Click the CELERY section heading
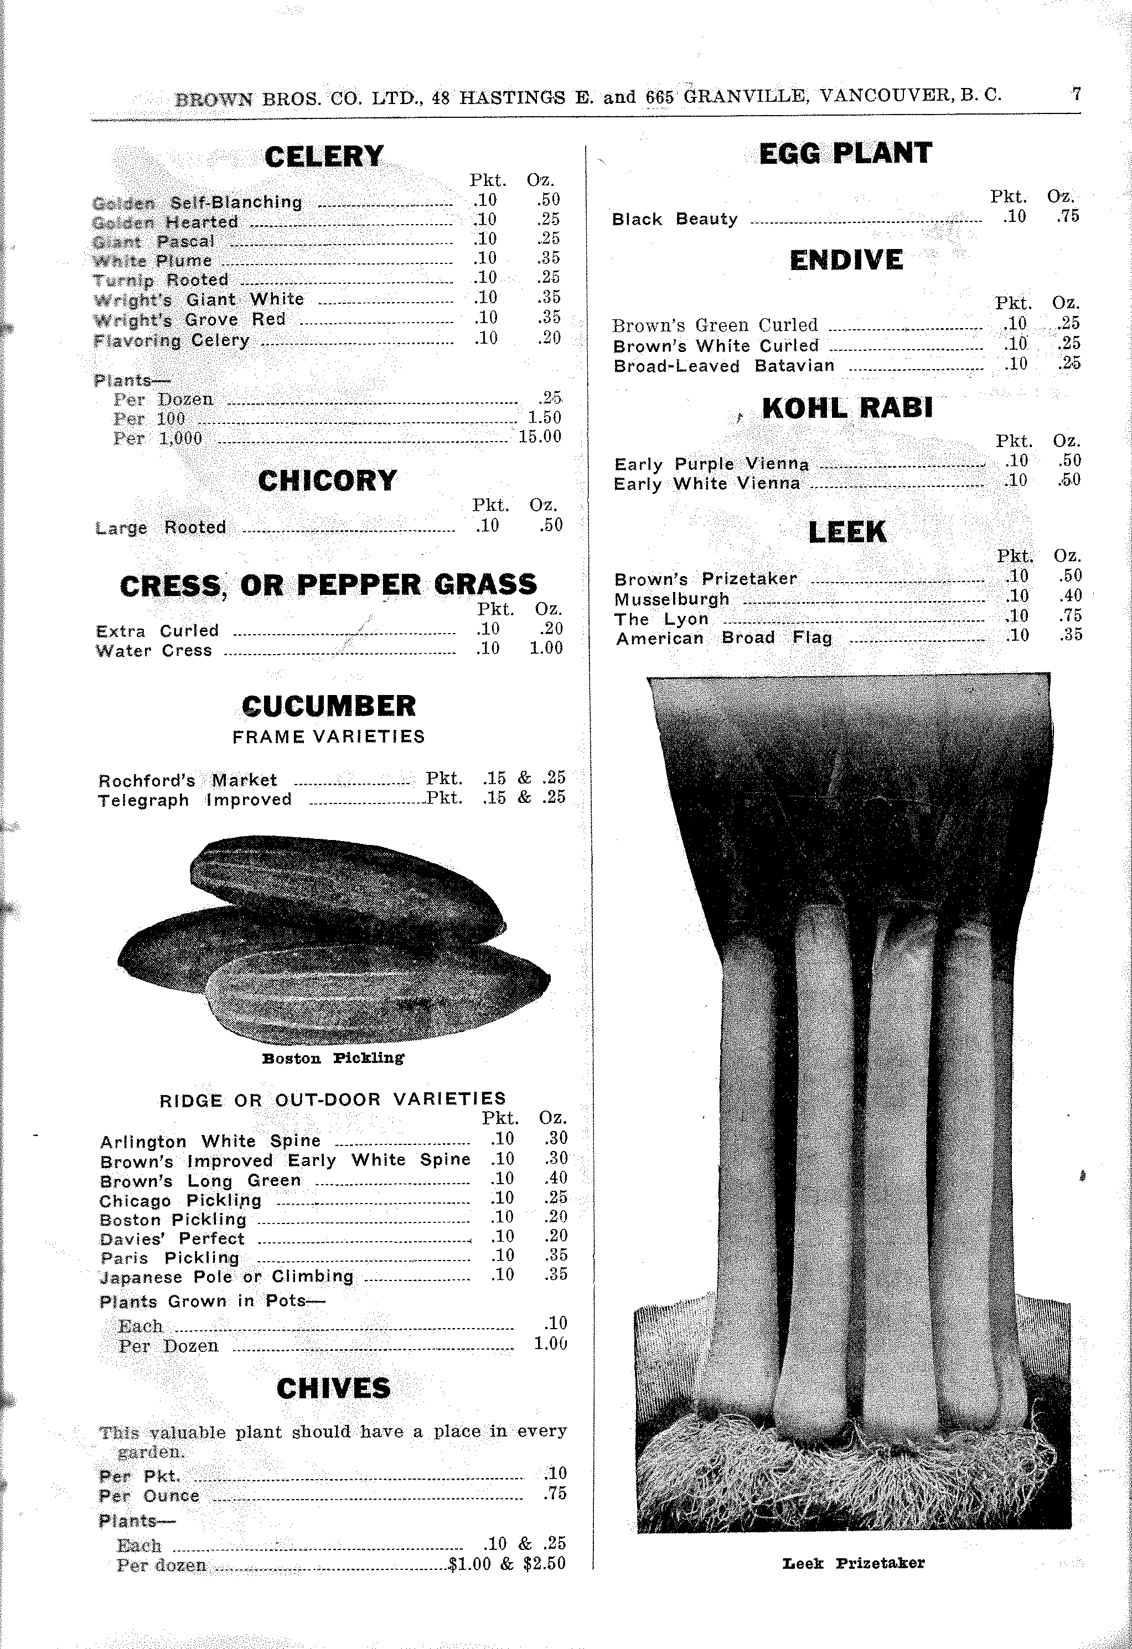point(324,157)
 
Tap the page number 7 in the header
point(1076,95)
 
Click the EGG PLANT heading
point(845,153)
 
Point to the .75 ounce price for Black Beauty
point(1067,216)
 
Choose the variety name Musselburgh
point(671,599)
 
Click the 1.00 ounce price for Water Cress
point(546,648)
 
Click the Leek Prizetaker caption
point(854,1563)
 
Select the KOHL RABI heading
point(847,408)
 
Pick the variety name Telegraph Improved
point(194,800)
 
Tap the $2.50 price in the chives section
point(544,1564)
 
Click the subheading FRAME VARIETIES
point(329,737)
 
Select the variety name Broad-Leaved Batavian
point(724,366)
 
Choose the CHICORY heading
point(327,481)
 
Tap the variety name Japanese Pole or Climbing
point(226,1277)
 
